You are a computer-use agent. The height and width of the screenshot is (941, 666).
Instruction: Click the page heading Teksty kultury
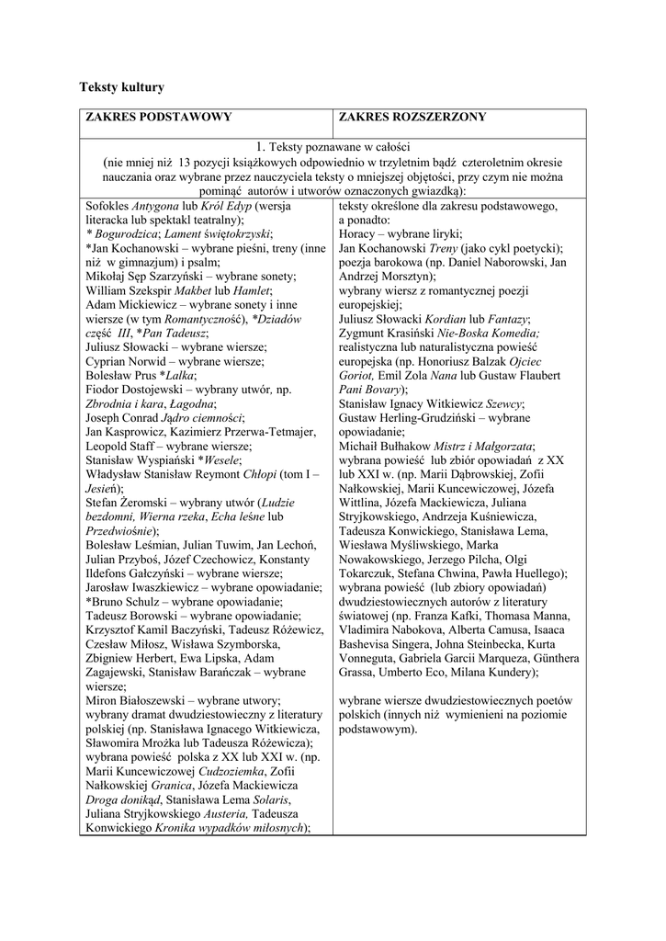123,87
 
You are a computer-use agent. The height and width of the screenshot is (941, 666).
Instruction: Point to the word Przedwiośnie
119,530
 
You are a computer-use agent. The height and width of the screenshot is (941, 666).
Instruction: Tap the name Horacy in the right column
359,234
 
